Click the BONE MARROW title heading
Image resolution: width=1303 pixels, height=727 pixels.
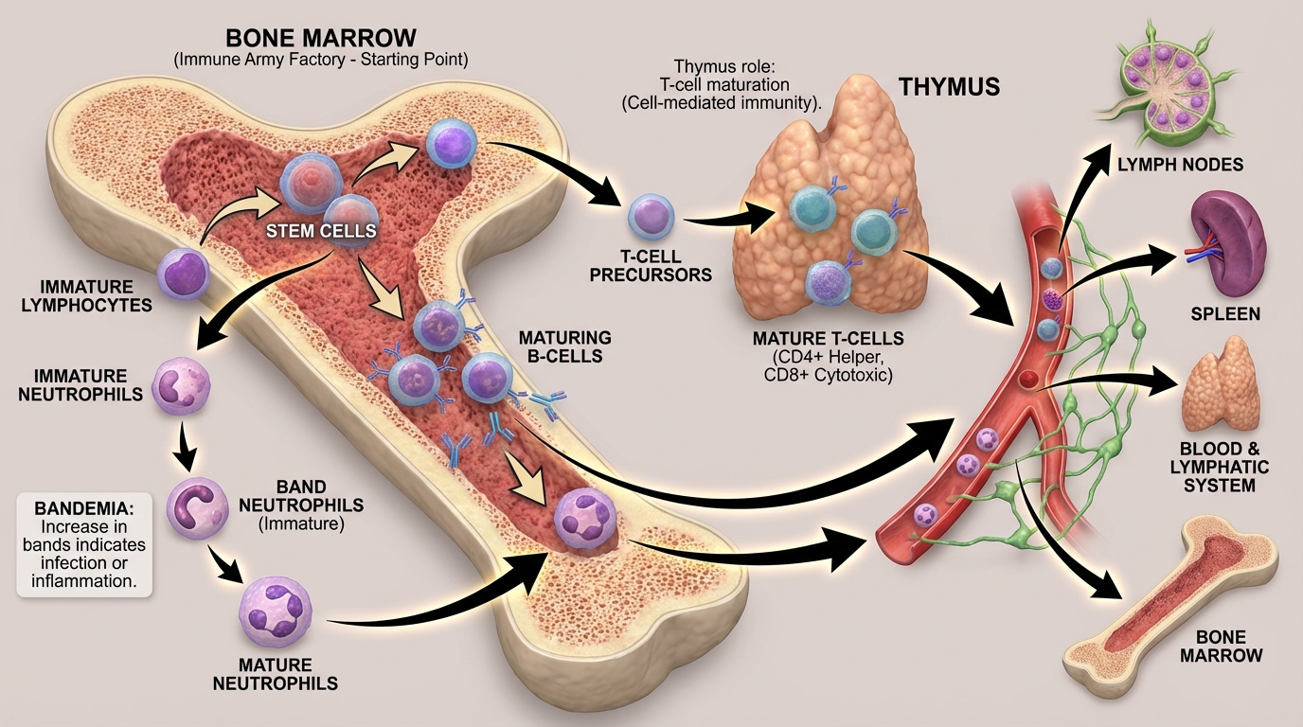pyautogui.click(x=320, y=39)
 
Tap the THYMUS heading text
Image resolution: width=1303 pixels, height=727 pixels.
pyautogui.click(x=948, y=87)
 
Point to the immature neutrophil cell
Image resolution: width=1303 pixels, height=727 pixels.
pyautogui.click(x=180, y=386)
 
